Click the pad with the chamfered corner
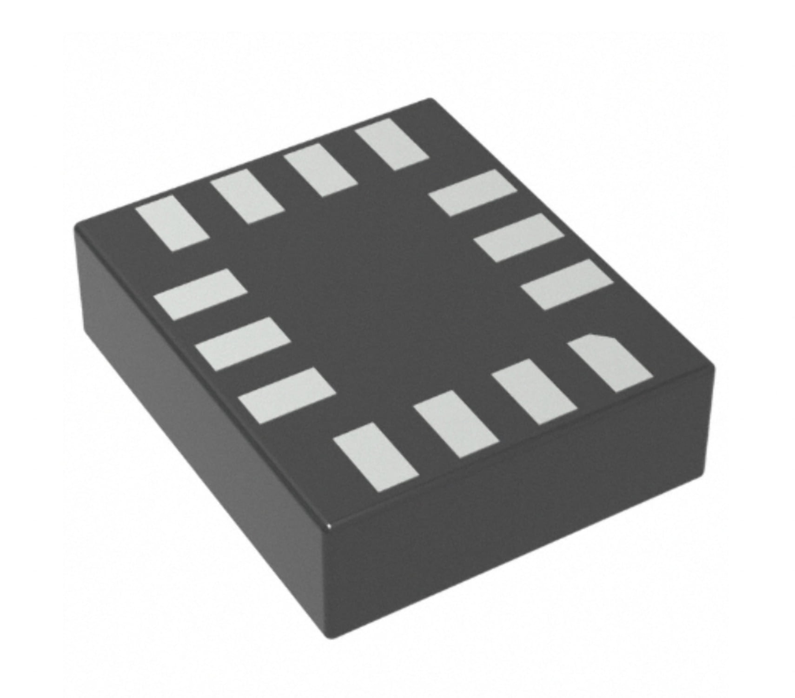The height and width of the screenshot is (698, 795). pos(609,362)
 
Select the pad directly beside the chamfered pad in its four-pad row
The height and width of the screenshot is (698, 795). pos(535,391)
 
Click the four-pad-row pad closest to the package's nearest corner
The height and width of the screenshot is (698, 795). pos(377,456)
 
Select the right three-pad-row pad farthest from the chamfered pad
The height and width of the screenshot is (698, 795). pos(473,193)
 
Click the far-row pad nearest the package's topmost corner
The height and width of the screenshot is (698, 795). pos(392,143)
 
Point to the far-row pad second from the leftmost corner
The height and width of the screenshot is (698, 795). pos(247,196)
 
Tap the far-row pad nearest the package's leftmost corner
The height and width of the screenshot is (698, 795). pos(172,223)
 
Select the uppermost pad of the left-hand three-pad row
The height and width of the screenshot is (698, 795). pos(200,294)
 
